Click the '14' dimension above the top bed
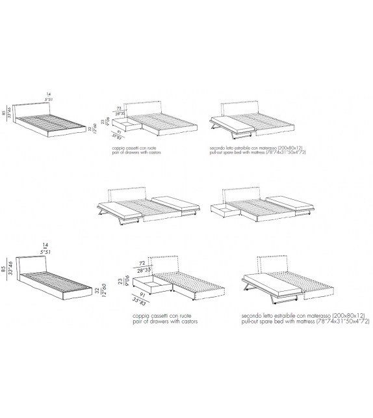[x=48, y=94]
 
